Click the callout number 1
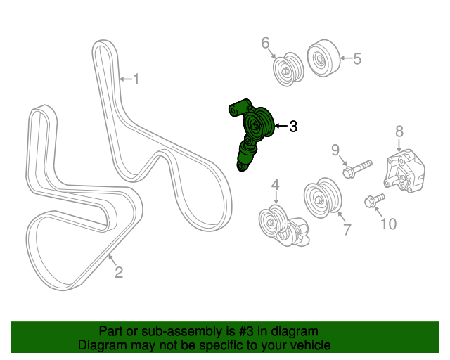tap(136, 79)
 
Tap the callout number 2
tap(118, 272)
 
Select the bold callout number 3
tap(292, 127)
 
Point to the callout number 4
tap(276, 185)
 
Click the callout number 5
tap(357, 59)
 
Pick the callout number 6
tap(266, 44)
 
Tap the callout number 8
tap(399, 131)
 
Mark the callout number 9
tap(335, 149)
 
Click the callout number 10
tap(388, 224)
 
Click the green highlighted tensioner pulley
tap(257, 125)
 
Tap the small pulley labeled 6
tap(288, 70)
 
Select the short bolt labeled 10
tap(373, 201)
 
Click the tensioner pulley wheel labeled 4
tap(270, 223)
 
